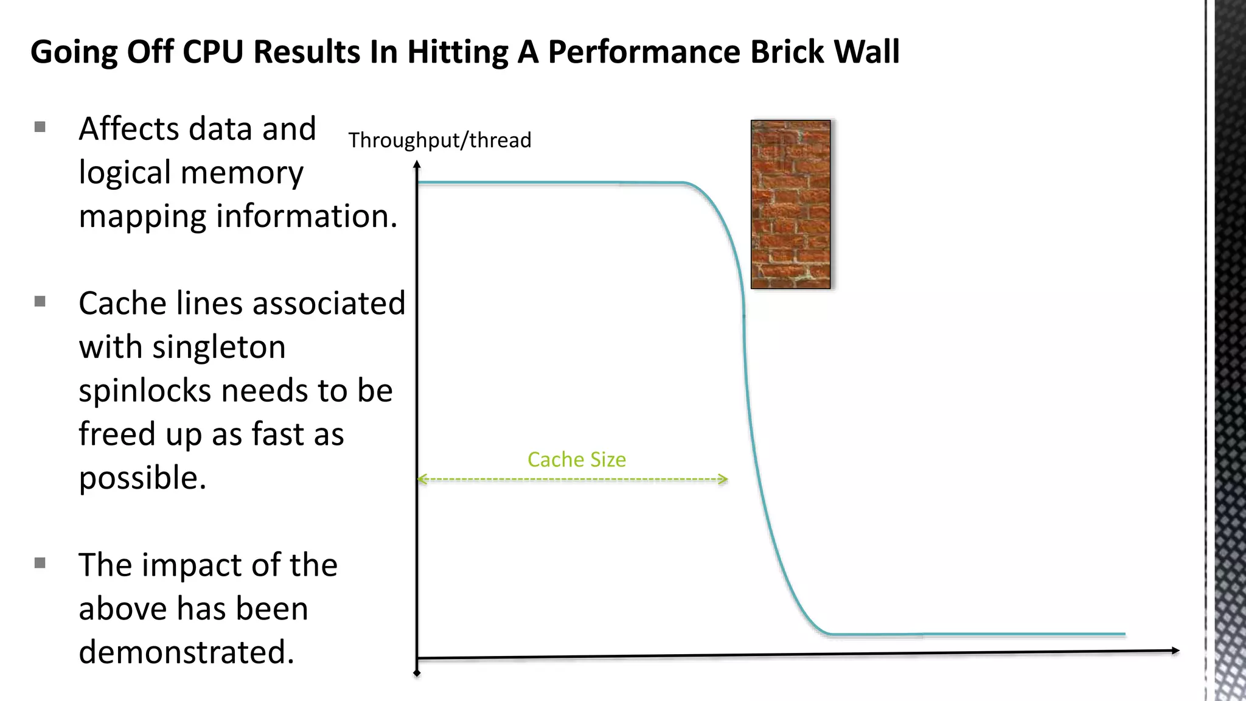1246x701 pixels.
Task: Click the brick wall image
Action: (x=790, y=204)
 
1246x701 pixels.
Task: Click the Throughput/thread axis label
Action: (x=439, y=141)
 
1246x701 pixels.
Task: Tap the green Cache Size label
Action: (x=576, y=459)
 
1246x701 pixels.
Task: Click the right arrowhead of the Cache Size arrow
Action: (x=723, y=480)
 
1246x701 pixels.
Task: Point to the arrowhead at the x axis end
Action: (x=1175, y=651)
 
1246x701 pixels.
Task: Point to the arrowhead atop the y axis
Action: (x=417, y=164)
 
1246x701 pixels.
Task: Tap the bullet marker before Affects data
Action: (x=40, y=127)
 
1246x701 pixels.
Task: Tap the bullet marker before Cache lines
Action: (x=40, y=301)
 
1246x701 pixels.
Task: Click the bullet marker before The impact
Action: (x=40, y=563)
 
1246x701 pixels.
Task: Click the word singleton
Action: (x=218, y=348)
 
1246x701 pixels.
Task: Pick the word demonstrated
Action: (x=186, y=652)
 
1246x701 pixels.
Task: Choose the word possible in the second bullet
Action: (x=142, y=478)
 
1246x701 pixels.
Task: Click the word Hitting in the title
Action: (x=458, y=52)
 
